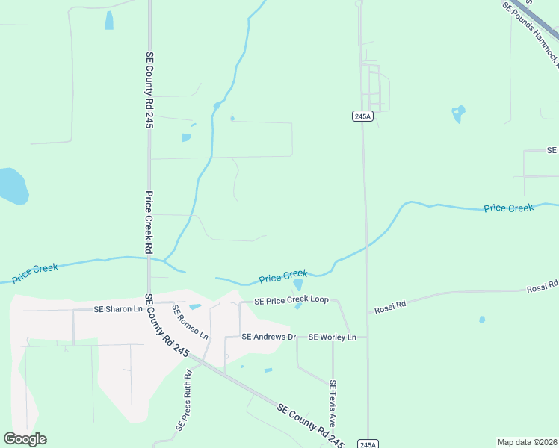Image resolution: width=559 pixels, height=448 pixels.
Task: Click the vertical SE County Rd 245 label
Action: click(x=149, y=90)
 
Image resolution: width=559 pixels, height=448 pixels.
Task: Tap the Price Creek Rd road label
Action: click(x=149, y=223)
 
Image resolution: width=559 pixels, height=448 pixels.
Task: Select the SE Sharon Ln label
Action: click(x=118, y=308)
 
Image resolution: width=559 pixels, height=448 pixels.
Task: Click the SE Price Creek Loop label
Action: click(x=291, y=300)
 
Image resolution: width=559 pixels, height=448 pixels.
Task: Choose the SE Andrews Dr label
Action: click(x=268, y=337)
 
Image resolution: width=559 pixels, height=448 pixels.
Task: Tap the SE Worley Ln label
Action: click(x=333, y=337)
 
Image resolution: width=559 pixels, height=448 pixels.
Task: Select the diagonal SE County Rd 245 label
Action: click(x=310, y=423)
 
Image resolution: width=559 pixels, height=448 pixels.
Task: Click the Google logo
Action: click(x=25, y=439)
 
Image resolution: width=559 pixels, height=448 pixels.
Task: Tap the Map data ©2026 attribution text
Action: click(x=527, y=442)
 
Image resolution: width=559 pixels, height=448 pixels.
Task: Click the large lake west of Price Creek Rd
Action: click(x=12, y=186)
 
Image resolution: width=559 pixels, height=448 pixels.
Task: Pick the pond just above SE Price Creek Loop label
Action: click(x=298, y=284)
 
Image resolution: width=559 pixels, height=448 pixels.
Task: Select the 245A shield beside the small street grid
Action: click(x=362, y=116)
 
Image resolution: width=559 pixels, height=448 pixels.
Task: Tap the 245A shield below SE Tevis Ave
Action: click(x=368, y=444)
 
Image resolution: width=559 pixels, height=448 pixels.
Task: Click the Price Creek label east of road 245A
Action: click(x=508, y=208)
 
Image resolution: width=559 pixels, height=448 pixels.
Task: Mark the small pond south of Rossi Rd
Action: click(x=482, y=320)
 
